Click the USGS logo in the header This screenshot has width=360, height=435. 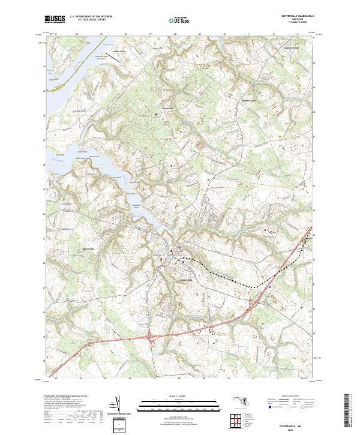[x=55, y=20]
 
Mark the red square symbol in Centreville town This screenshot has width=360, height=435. [x=171, y=251]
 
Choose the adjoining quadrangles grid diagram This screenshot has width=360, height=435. [x=239, y=421]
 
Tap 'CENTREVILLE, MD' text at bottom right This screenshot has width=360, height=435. [x=284, y=425]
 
